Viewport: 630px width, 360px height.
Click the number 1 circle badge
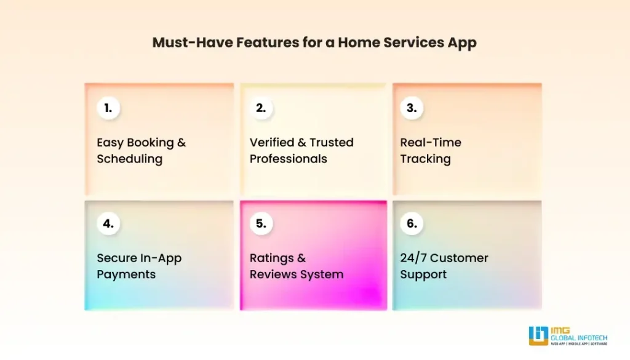tap(108, 108)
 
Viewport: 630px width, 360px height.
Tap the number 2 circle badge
tap(261, 108)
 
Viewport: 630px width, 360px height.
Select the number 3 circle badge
tap(412, 108)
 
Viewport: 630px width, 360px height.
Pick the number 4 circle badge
tap(108, 224)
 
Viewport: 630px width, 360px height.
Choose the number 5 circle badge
tap(261, 224)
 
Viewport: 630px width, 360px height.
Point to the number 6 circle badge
tap(412, 224)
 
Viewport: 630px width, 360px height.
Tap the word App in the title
tap(463, 44)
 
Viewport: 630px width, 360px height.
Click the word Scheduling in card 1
tap(129, 159)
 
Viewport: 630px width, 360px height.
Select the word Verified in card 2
tap(271, 142)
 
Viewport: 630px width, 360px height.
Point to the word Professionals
tap(288, 159)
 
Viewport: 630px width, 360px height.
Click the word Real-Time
tap(431, 142)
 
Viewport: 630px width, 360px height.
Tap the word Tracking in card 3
tap(425, 159)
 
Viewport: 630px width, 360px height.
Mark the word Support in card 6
tap(423, 274)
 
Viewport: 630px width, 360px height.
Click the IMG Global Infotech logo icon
tap(538, 335)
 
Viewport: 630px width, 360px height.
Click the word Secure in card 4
tap(116, 258)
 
